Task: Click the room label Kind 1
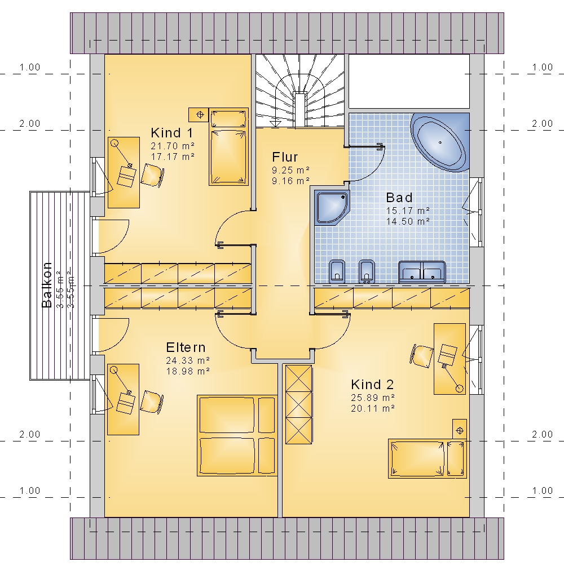click(x=172, y=133)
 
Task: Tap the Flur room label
click(x=285, y=157)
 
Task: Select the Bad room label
click(x=399, y=198)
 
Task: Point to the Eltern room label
click(x=186, y=347)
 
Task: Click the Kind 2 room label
click(x=372, y=385)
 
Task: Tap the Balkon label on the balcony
click(x=47, y=285)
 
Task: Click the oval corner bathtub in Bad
click(x=440, y=142)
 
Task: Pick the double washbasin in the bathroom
click(x=422, y=271)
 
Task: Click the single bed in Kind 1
click(x=228, y=146)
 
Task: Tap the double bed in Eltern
click(x=237, y=435)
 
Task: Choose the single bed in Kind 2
click(x=427, y=458)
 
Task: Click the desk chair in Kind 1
click(x=152, y=175)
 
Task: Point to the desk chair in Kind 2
click(x=421, y=355)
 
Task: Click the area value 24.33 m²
click(x=187, y=360)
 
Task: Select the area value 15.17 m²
click(x=408, y=211)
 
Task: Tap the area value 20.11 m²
click(x=373, y=409)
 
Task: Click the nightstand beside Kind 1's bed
click(x=199, y=115)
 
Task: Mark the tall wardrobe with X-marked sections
click(x=299, y=404)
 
